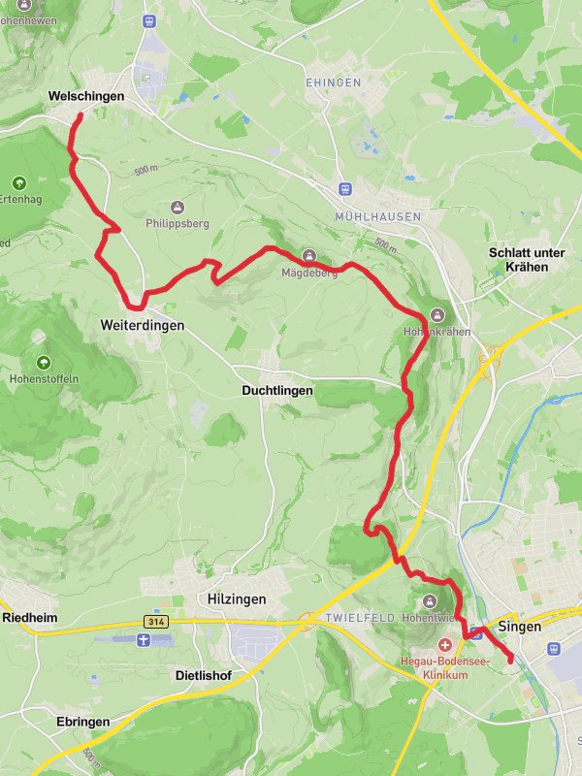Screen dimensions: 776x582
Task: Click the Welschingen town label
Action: [86, 97]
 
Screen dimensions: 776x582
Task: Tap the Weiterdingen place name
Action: [142, 326]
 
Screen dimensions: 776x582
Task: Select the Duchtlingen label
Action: [276, 390]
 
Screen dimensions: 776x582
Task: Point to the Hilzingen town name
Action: [237, 599]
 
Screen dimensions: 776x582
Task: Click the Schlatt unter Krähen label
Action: [527, 259]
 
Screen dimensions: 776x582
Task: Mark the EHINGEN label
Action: [333, 83]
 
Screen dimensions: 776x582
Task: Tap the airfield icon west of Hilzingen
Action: [144, 640]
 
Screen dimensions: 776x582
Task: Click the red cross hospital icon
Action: [445, 645]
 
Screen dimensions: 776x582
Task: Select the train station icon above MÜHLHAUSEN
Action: [343, 189]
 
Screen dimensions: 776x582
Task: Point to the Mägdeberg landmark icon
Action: [309, 256]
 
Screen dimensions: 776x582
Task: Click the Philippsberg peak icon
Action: [177, 207]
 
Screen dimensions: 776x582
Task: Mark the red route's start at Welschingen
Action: [80, 116]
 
